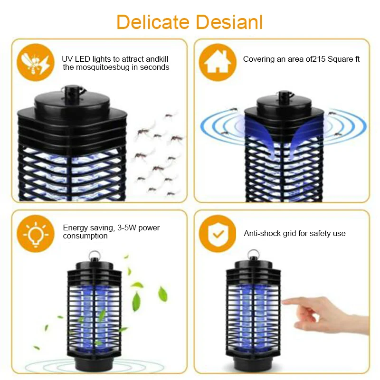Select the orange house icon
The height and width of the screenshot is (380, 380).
pos(217,63)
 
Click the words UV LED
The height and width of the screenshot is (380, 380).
pos(77,59)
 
